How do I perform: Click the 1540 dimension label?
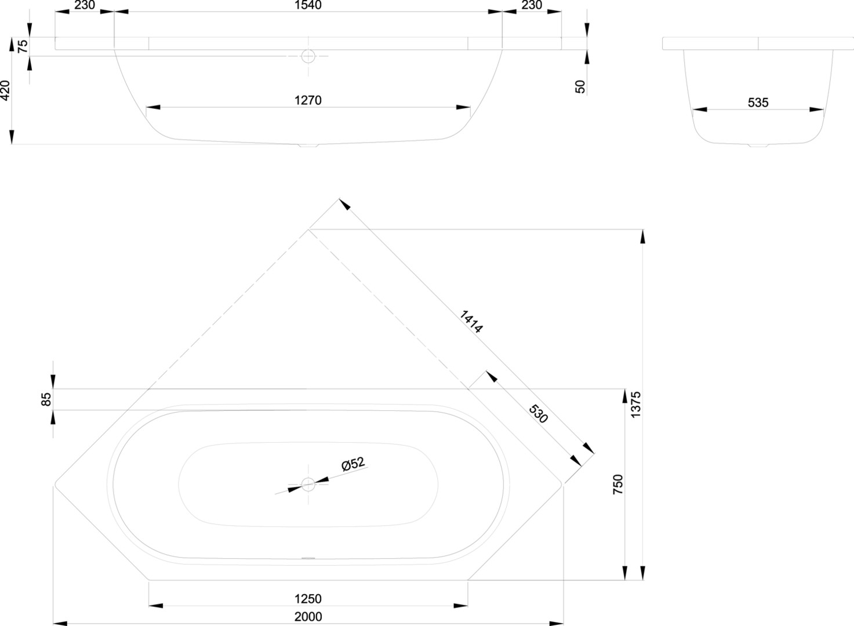click(x=308, y=5)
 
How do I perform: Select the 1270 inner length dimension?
click(x=308, y=100)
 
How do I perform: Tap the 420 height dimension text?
click(x=5, y=91)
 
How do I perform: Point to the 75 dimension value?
click(x=23, y=46)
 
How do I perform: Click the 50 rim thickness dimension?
click(x=580, y=87)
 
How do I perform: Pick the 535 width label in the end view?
click(x=758, y=103)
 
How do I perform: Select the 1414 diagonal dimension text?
click(x=471, y=322)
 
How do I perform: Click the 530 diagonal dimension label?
click(x=538, y=414)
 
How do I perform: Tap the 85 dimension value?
click(x=46, y=399)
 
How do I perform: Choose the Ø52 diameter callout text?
click(x=353, y=464)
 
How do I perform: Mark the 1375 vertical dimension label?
click(x=636, y=405)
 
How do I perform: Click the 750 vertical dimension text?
click(x=618, y=484)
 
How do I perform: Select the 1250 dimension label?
click(x=308, y=599)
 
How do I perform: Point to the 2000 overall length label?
click(x=308, y=617)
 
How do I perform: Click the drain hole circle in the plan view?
click(x=308, y=484)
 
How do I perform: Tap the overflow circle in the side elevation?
click(x=308, y=56)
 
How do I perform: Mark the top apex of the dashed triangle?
click(x=308, y=230)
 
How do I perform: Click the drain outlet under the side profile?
click(x=308, y=145)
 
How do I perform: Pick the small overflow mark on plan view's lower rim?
click(x=308, y=559)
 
